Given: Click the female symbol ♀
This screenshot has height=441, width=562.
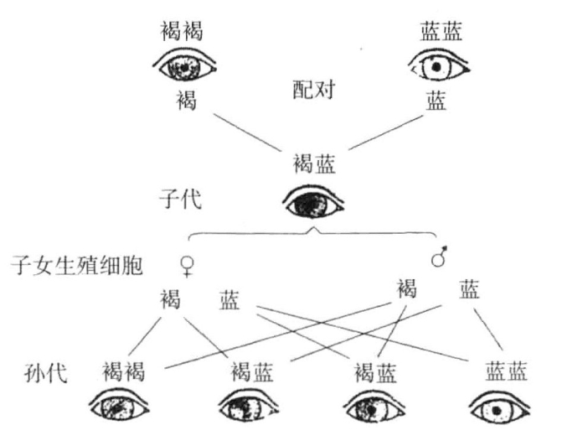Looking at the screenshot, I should (x=186, y=266).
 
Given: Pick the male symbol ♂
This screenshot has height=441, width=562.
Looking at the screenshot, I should (x=438, y=258).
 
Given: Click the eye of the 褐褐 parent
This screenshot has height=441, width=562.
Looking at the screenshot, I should (x=185, y=63).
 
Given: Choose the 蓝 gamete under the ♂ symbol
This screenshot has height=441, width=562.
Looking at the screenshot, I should (x=469, y=290).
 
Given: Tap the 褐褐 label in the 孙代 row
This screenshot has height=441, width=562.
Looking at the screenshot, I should (x=126, y=369).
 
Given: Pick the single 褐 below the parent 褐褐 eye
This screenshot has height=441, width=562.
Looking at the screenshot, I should (x=185, y=102).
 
